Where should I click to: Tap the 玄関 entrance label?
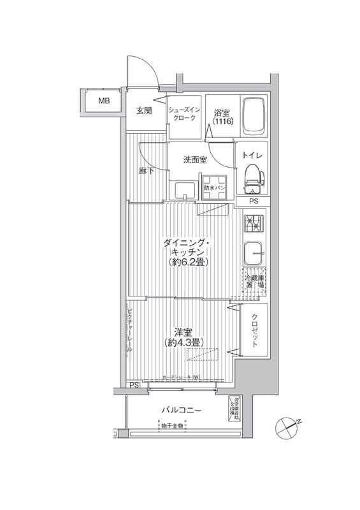click(x=144, y=111)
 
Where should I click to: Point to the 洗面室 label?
click(x=195, y=160)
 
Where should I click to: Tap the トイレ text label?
click(x=253, y=156)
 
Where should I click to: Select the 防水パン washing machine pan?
click(x=213, y=189)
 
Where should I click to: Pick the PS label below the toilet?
click(x=254, y=202)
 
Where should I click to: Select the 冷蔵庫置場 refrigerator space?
click(x=253, y=282)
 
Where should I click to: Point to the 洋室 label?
click(x=184, y=331)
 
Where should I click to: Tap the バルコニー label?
click(x=180, y=410)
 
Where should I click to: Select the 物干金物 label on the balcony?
click(x=171, y=426)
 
